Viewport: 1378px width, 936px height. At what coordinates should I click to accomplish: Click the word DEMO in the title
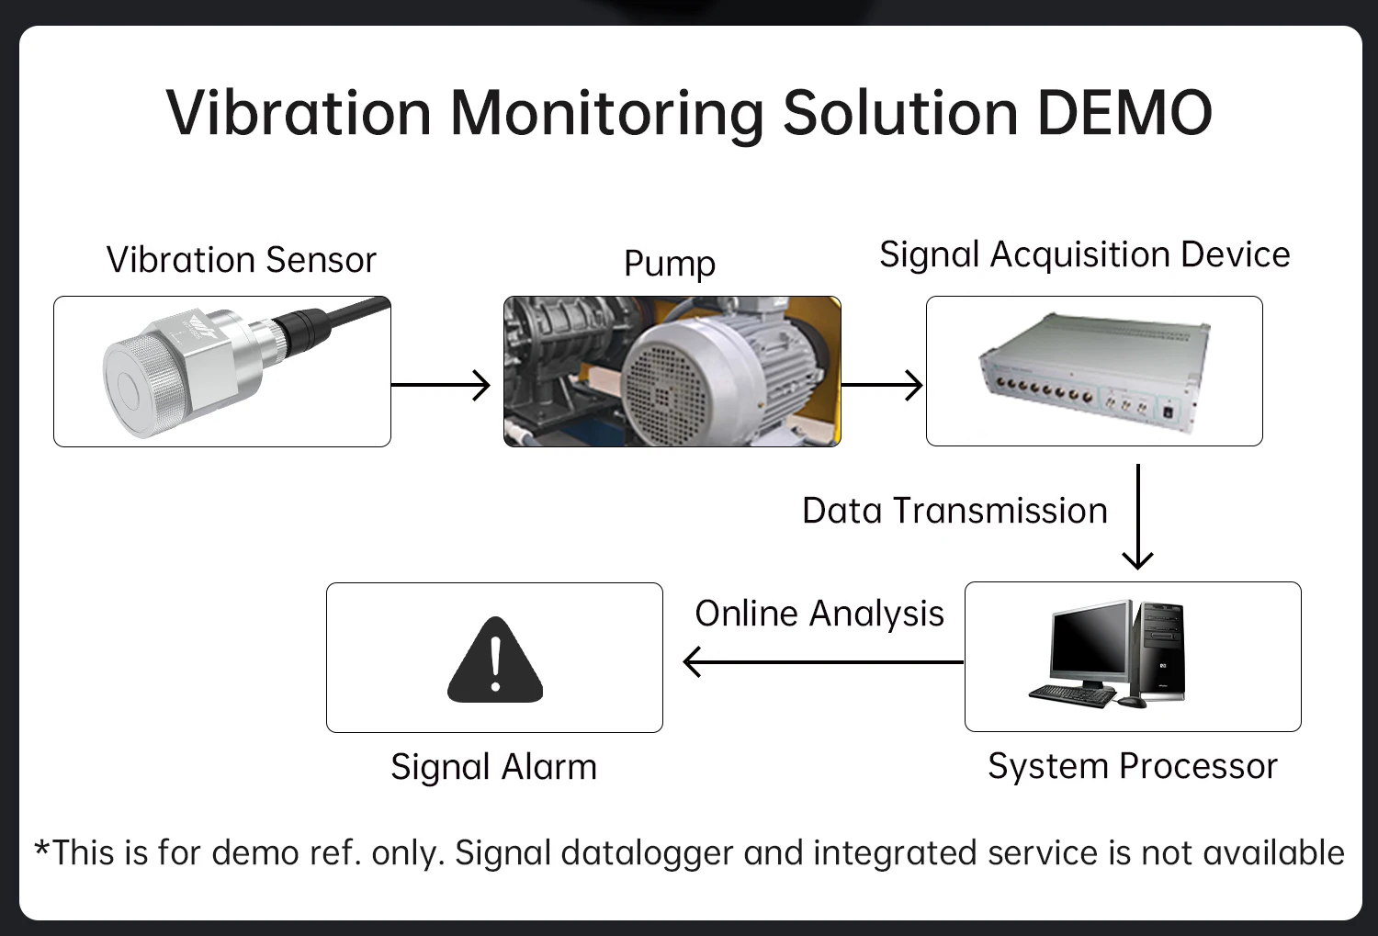pos(1124,113)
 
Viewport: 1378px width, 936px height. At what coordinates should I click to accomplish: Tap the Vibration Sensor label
pos(241,259)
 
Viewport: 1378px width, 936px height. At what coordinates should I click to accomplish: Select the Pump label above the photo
pos(670,265)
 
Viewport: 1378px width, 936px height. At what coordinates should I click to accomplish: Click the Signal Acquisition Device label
pos(1085,255)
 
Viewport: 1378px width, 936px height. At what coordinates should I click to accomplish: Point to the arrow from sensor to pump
pos(440,385)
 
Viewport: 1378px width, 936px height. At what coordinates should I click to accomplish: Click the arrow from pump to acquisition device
pos(882,385)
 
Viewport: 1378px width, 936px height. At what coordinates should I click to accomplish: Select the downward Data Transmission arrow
pos(1138,516)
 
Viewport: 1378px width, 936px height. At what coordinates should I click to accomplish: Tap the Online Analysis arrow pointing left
pos(823,661)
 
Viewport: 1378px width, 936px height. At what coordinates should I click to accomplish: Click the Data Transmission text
pos(954,511)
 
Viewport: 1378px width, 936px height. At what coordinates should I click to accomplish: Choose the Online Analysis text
pos(819,614)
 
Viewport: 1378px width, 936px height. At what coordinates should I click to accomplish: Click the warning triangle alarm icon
pos(495,660)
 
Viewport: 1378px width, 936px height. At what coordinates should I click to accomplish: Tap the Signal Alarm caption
pos(494,767)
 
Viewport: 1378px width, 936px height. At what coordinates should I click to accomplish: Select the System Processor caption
pos(1133,766)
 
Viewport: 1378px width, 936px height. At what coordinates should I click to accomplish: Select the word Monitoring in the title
pos(606,115)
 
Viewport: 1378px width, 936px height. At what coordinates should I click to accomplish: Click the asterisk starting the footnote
pos(42,848)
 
